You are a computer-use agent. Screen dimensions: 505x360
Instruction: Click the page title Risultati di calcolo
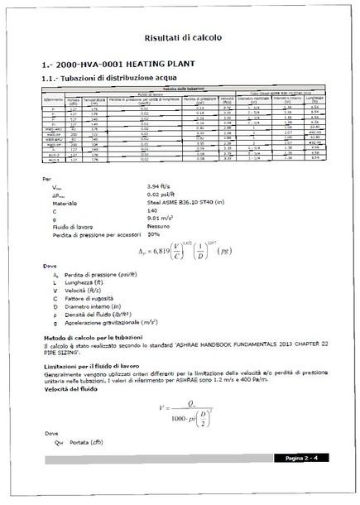[180, 38]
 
